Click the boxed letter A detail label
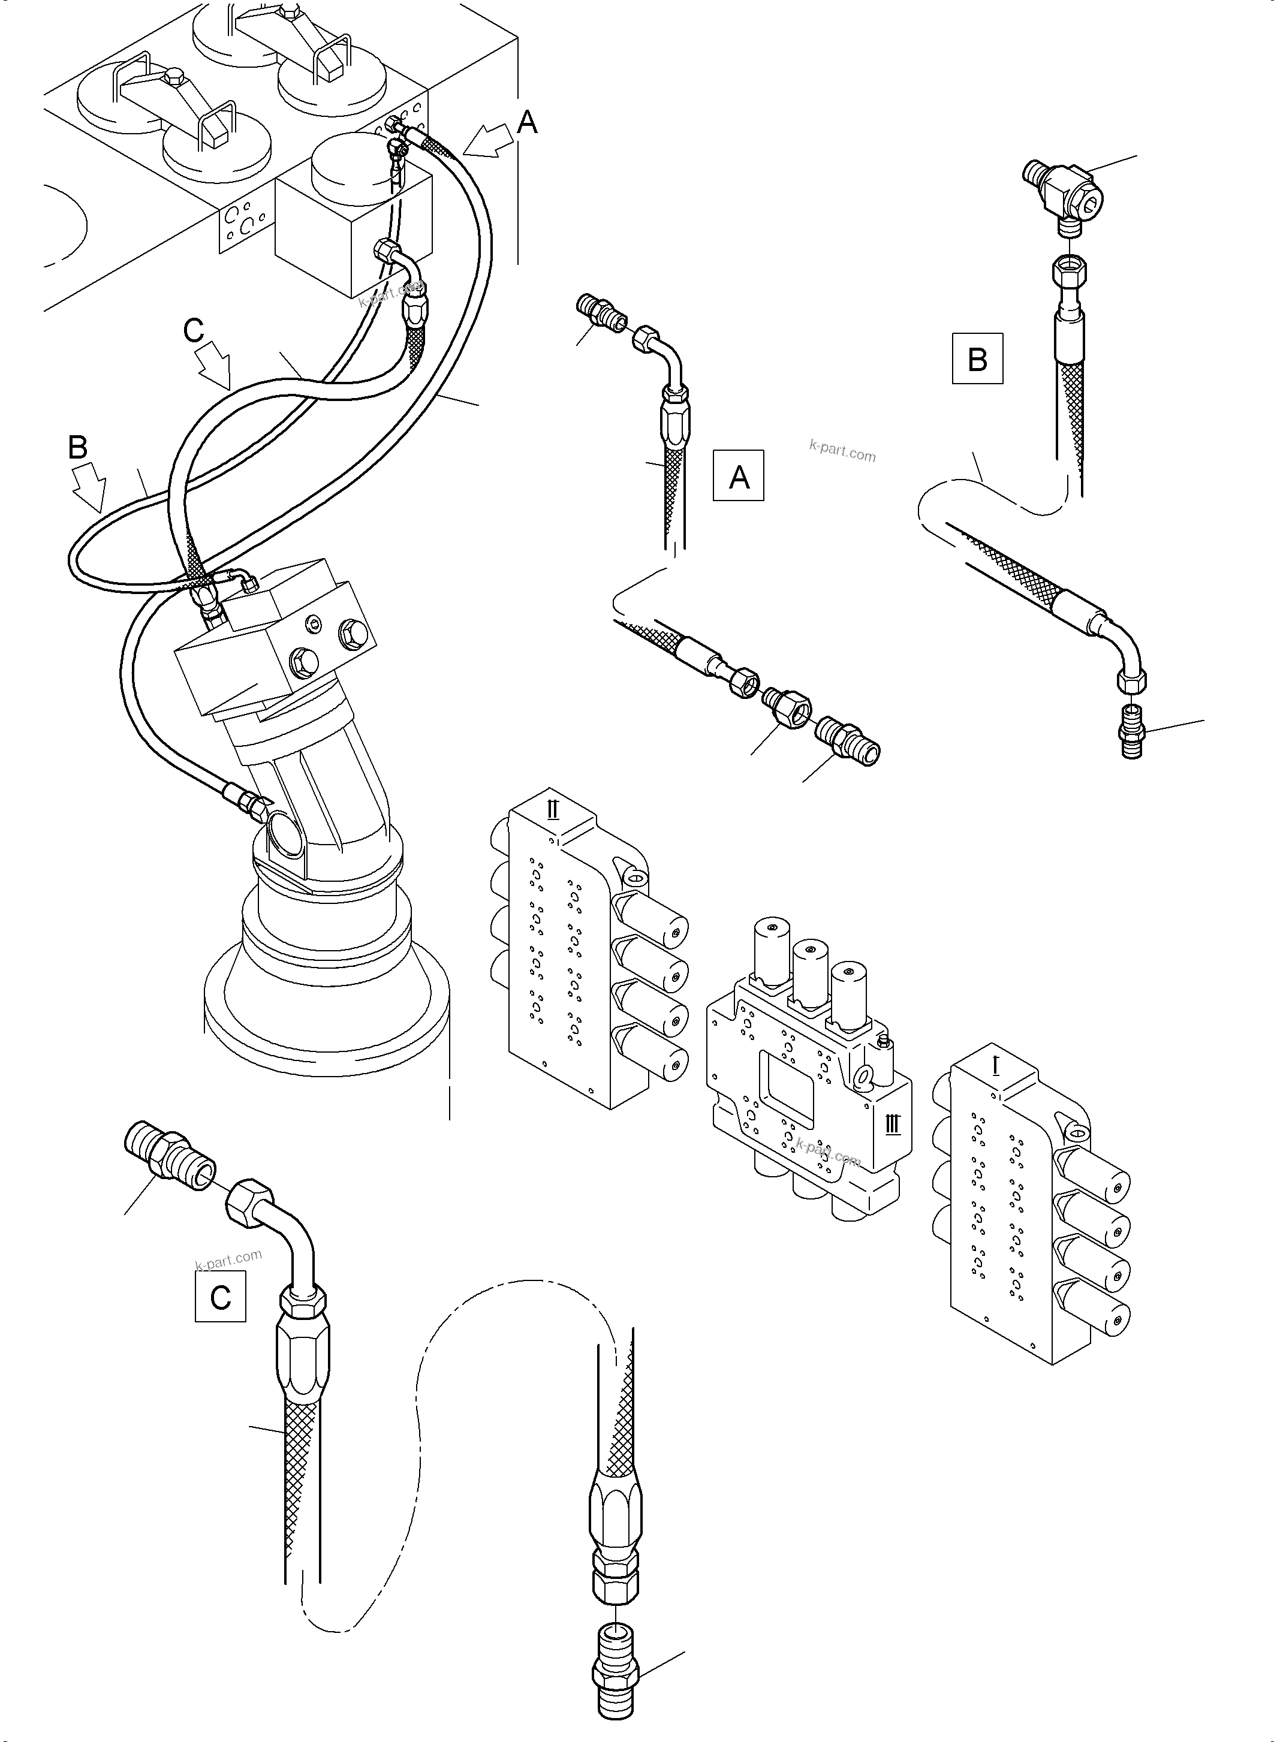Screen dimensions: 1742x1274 [x=738, y=476]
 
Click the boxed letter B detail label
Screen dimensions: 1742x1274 [x=977, y=358]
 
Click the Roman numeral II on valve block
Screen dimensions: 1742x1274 [x=552, y=810]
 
